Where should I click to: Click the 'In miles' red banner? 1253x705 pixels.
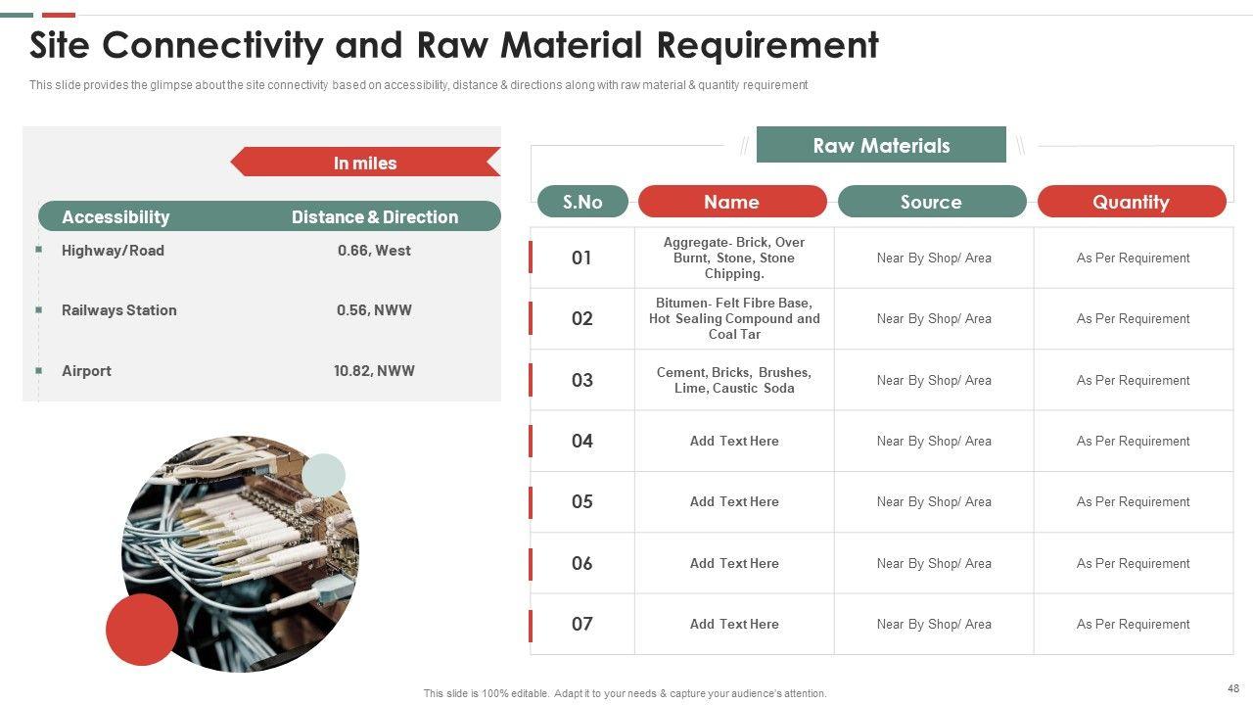[x=366, y=163]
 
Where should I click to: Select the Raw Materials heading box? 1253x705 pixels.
[x=881, y=145]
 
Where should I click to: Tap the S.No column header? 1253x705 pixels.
[x=582, y=202]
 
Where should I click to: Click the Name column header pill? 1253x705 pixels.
[x=732, y=202]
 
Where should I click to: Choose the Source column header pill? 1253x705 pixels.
[x=932, y=202]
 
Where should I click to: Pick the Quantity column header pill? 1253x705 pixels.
[x=1132, y=202]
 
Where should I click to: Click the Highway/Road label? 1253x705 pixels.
[x=113, y=251]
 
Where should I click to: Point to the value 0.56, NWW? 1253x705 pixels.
[x=374, y=310]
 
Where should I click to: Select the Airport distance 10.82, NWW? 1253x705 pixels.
[x=374, y=371]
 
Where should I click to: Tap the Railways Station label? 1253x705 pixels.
[x=119, y=310]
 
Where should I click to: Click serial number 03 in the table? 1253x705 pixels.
[x=582, y=381]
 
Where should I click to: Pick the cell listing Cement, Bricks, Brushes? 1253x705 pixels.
[x=734, y=381]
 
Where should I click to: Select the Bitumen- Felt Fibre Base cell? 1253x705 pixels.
[x=734, y=318]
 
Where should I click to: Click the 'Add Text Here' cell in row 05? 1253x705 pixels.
[x=734, y=502]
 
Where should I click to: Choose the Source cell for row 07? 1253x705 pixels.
[x=934, y=625]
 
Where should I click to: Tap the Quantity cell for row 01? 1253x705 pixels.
[x=1133, y=258]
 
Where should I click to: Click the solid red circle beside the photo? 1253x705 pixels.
[x=142, y=630]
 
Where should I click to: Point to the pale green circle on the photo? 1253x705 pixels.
[x=323, y=475]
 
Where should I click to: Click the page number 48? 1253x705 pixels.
[x=1233, y=688]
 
